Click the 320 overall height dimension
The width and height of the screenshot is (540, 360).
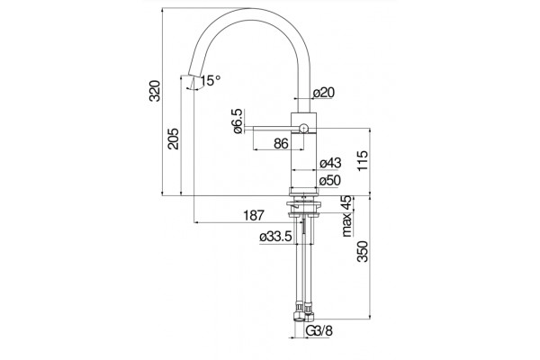pyautogui.click(x=156, y=91)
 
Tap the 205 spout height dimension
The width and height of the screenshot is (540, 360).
pyautogui.click(x=174, y=139)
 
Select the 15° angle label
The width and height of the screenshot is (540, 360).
pyautogui.click(x=211, y=81)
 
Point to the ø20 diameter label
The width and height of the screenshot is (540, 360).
pyautogui.click(x=324, y=93)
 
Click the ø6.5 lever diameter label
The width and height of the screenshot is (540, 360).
pyautogui.click(x=238, y=121)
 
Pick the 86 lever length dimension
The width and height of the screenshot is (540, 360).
pyautogui.click(x=281, y=143)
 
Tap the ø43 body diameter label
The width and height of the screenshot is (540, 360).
pyautogui.click(x=330, y=163)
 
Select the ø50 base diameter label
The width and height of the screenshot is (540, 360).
pyautogui.click(x=329, y=181)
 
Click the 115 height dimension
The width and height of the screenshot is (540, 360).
pyautogui.click(x=363, y=160)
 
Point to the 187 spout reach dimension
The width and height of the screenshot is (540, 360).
pyautogui.click(x=254, y=216)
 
